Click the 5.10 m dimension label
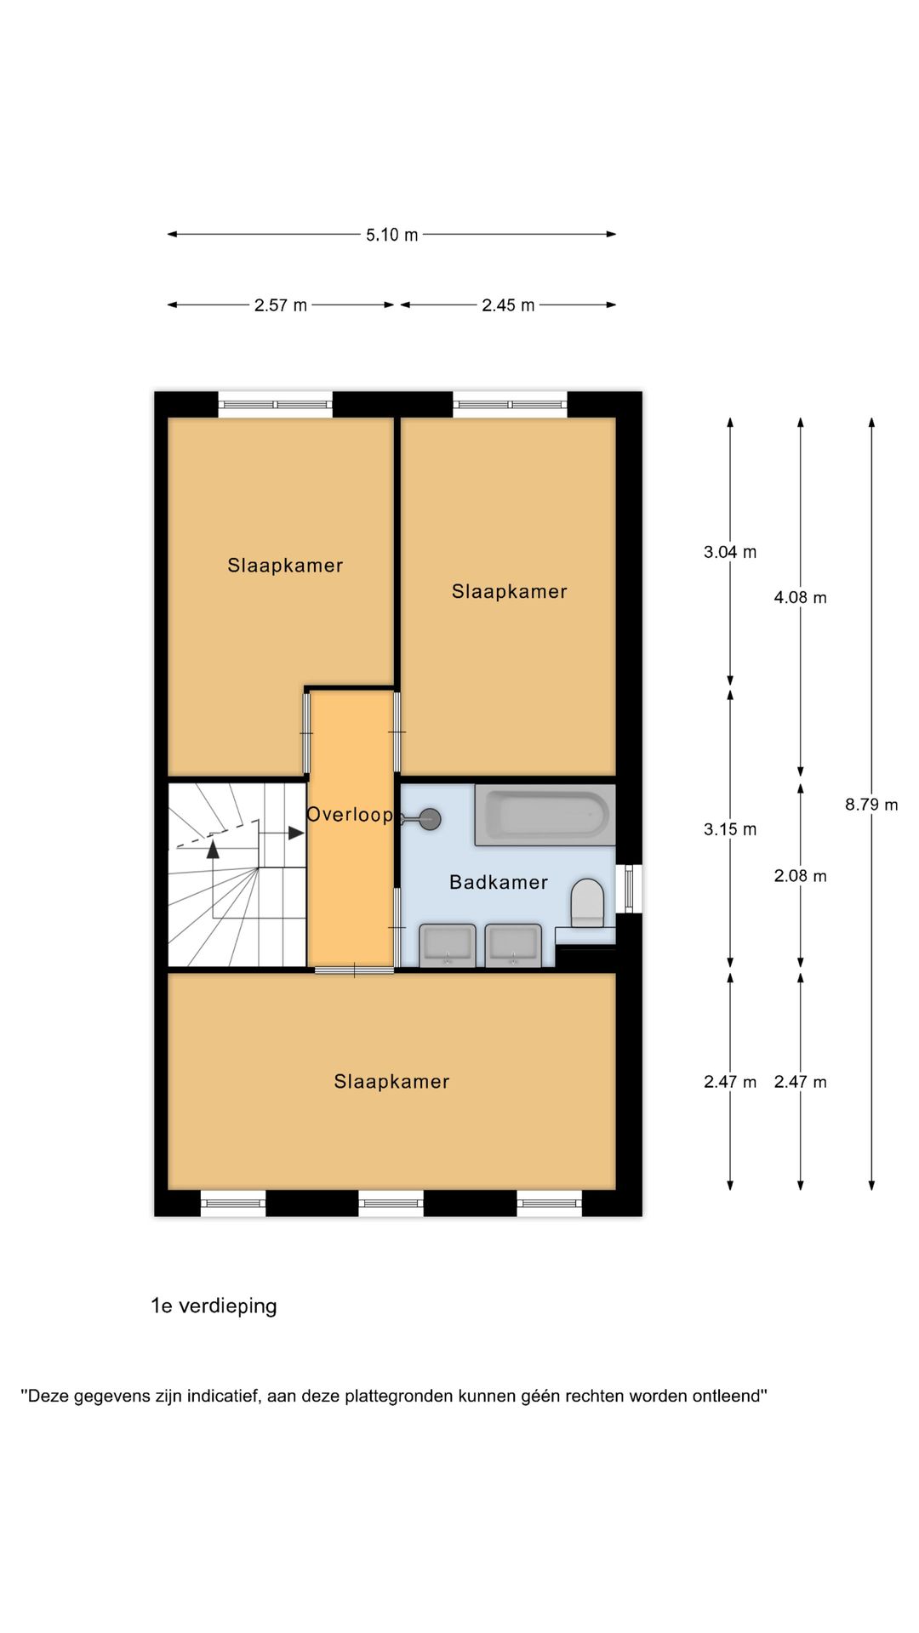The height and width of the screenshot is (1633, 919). [392, 235]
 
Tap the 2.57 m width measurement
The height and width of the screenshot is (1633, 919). [281, 305]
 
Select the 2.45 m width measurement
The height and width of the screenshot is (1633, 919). [508, 305]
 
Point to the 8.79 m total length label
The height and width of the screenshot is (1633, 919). [871, 805]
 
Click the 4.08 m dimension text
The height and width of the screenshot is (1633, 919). [800, 598]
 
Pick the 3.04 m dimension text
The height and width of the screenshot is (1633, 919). [730, 552]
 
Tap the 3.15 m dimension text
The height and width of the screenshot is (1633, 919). [730, 829]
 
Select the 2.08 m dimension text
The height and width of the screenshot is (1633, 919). [800, 876]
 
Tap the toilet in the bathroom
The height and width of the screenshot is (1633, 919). [587, 902]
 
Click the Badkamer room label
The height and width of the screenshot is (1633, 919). [499, 883]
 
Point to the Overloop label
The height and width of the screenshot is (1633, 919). [350, 815]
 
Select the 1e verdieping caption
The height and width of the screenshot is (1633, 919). [214, 1306]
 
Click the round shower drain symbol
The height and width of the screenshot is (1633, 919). [431, 820]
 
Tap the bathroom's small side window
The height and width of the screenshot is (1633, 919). [630, 889]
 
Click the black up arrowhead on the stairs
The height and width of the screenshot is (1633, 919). [213, 848]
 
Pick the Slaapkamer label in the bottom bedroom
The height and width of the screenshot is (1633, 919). [391, 1082]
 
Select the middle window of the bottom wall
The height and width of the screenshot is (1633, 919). [391, 1203]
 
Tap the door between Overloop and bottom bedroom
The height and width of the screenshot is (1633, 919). [354, 970]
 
